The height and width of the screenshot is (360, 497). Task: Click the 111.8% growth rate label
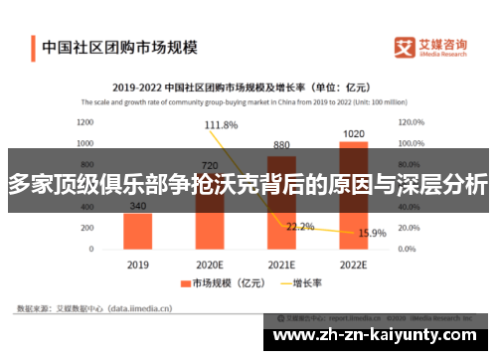(x=221, y=125)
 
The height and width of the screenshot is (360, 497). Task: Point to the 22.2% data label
(x=300, y=227)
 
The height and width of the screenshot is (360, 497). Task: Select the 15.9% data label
(x=372, y=234)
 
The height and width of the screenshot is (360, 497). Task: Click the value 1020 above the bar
(x=353, y=134)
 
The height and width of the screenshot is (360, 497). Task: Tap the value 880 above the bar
(x=281, y=144)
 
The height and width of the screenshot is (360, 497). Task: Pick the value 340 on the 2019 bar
(x=138, y=207)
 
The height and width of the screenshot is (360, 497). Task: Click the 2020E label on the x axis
(x=210, y=266)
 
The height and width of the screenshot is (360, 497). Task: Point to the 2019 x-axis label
(x=138, y=266)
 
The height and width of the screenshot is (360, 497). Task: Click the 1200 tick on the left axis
(x=85, y=123)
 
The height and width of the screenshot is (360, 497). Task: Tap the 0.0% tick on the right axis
(x=411, y=249)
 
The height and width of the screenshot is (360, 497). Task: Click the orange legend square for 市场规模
(x=185, y=284)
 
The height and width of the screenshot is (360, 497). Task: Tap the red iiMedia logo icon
(x=403, y=47)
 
